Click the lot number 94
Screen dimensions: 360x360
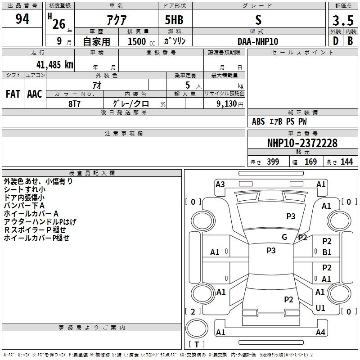coord(22,20)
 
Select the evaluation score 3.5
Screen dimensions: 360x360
coord(342,21)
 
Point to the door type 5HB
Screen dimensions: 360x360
coord(174,20)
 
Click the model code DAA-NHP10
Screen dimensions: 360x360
coord(258,41)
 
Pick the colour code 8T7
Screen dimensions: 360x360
coord(74,103)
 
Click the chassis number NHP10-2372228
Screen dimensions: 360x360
coord(302,143)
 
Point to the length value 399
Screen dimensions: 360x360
coord(273,162)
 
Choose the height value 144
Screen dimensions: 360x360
coord(346,162)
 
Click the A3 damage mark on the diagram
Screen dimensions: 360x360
coord(220,184)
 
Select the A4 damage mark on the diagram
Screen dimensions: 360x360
coord(320,333)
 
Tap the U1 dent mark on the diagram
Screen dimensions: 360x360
coord(320,308)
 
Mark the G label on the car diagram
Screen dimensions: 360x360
coord(284,237)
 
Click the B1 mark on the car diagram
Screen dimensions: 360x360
coord(327,252)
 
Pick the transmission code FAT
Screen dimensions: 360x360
coord(13,94)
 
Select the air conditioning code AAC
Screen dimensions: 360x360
coord(35,94)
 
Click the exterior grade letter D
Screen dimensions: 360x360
coord(335,41)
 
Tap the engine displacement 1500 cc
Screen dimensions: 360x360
coord(140,41)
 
